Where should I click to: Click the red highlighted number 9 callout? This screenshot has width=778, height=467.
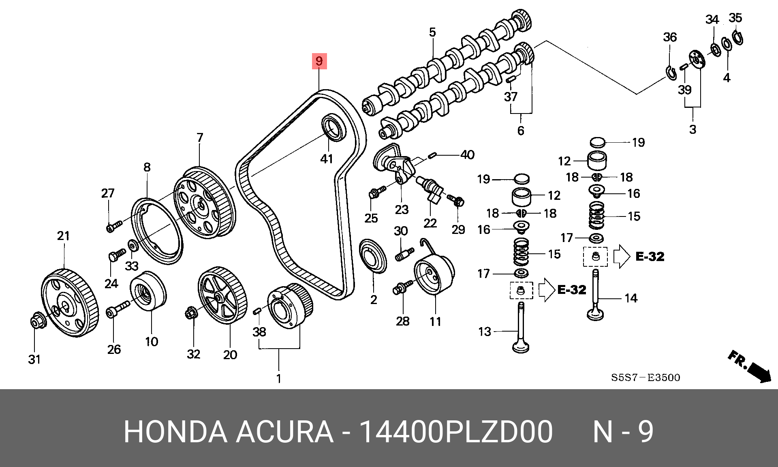pos(319,61)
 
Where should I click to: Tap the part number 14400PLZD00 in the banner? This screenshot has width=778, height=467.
pos(456,432)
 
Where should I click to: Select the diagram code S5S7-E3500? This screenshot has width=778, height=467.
pos(645,377)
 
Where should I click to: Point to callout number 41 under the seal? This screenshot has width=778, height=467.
pos(327,159)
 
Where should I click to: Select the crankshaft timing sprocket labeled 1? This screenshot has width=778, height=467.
pos(290,306)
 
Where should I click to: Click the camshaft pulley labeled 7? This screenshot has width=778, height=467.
pos(205,203)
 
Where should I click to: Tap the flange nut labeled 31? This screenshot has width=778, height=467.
pos(38,321)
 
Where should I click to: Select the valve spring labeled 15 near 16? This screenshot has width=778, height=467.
pos(521,251)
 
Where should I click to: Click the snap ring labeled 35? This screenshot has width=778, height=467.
pos(738,38)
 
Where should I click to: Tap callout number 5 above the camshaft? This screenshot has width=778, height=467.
pos(432,32)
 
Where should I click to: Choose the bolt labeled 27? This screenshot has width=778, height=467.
pos(114,226)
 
